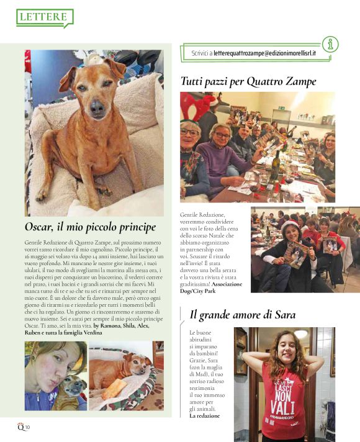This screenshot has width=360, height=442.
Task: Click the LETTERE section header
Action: (43, 17)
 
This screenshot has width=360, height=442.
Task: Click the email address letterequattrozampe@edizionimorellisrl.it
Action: (263, 53)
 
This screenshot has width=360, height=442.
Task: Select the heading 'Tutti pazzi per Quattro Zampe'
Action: (248, 81)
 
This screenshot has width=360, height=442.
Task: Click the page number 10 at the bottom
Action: (27, 427)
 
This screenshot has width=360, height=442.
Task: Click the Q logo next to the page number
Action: (20, 426)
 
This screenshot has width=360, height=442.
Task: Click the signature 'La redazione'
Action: (205, 415)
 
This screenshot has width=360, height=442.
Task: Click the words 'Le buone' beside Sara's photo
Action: (200, 333)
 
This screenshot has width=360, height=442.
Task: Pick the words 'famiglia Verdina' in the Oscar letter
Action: (83, 333)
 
